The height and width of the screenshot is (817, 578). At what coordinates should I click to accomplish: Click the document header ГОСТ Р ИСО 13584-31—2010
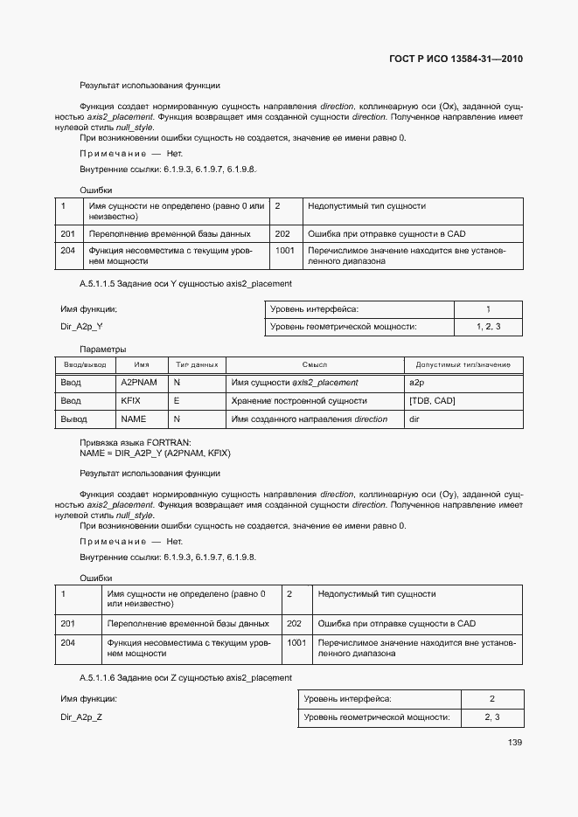(x=456, y=59)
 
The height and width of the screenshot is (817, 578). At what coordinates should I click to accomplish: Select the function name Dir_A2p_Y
(x=81, y=326)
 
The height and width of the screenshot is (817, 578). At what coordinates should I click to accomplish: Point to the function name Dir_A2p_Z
(x=81, y=717)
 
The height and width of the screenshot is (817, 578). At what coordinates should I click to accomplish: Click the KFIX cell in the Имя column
(x=129, y=401)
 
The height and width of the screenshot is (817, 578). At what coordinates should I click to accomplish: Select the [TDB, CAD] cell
(x=432, y=401)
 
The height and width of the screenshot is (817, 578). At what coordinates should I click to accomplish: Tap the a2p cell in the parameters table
(x=416, y=383)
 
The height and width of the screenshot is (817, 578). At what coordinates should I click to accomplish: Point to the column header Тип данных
(x=197, y=364)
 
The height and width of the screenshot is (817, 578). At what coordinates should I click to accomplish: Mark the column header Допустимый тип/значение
(x=463, y=364)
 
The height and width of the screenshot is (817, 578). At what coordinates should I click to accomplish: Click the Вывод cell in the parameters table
(x=73, y=419)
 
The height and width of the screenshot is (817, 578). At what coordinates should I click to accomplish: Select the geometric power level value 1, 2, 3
(x=488, y=327)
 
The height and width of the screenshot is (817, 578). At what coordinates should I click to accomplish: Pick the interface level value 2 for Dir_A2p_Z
(x=492, y=699)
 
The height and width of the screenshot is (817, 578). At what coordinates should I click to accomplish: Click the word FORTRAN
(x=171, y=443)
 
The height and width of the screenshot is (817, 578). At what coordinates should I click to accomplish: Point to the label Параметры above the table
(x=103, y=349)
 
